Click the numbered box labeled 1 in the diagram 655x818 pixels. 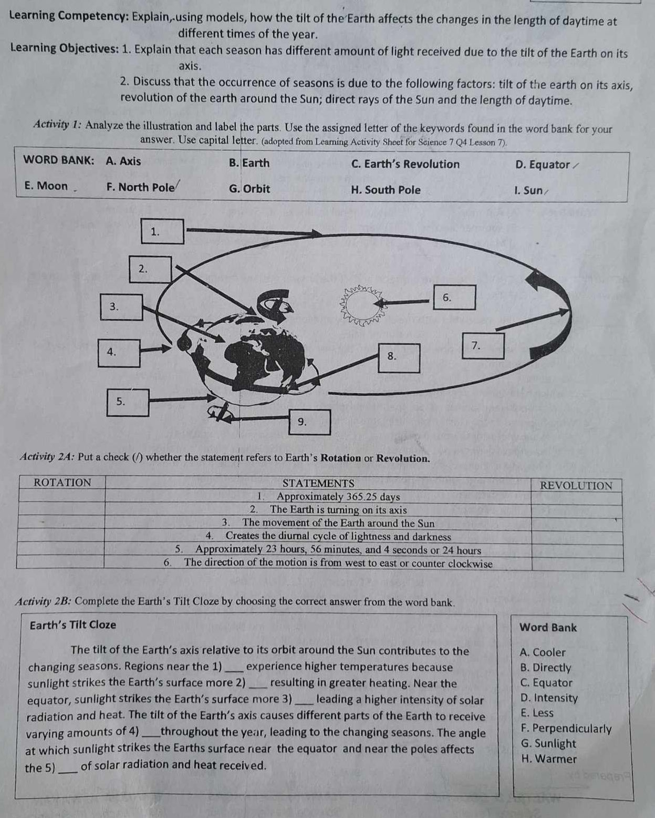(163, 232)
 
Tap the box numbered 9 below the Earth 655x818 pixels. (310, 422)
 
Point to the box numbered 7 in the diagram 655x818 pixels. (483, 346)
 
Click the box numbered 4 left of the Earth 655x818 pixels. (120, 353)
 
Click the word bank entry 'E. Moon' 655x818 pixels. (46, 186)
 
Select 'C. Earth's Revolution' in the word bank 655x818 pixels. (405, 164)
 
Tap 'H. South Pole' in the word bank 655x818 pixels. (385, 190)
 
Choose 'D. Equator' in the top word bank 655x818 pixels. (543, 165)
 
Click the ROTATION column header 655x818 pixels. (62, 483)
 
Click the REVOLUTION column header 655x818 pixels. (576, 486)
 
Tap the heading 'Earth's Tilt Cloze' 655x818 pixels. (73, 625)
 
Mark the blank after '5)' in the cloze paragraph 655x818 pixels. (68, 768)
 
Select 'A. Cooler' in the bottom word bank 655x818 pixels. (542, 652)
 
